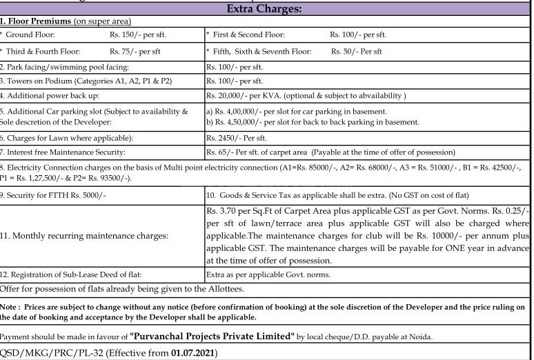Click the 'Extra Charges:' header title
[266, 9]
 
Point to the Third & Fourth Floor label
[43, 51]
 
